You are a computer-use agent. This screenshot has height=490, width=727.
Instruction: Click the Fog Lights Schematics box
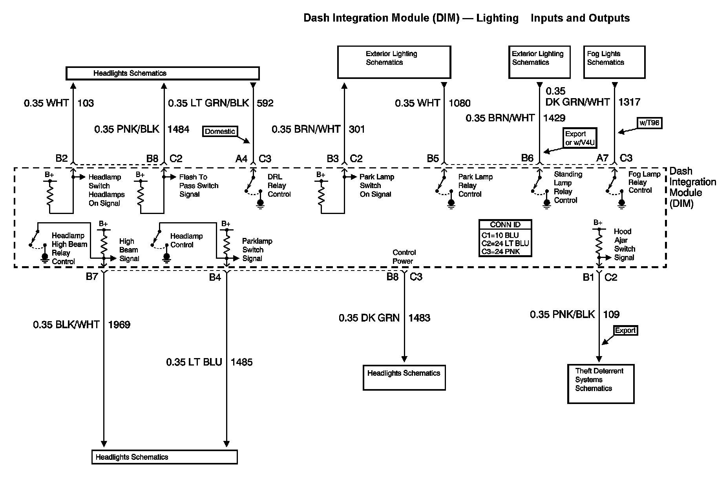click(x=614, y=62)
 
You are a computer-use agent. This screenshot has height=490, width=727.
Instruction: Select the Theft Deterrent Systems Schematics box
click(x=601, y=384)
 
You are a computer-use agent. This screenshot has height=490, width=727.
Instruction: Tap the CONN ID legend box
click(x=505, y=238)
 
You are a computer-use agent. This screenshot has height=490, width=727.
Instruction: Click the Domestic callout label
click(x=220, y=132)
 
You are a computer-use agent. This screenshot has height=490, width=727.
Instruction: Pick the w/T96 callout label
click(x=649, y=123)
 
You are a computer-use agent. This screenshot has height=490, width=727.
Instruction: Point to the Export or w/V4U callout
click(x=580, y=138)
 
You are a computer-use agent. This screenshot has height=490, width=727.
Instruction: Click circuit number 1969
click(x=119, y=325)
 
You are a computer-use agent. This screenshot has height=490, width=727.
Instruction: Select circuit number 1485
click(x=241, y=362)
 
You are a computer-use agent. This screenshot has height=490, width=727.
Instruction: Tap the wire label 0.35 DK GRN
click(x=369, y=318)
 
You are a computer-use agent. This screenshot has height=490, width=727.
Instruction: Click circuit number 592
click(x=265, y=103)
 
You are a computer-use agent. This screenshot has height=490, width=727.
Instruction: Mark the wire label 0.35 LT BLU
click(x=194, y=362)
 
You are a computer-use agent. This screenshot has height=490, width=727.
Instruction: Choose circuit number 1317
click(x=629, y=102)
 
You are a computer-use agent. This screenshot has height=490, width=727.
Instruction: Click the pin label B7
click(x=92, y=277)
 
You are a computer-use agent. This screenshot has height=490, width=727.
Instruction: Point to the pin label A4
click(x=241, y=159)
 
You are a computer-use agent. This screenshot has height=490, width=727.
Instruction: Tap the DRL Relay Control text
click(x=279, y=185)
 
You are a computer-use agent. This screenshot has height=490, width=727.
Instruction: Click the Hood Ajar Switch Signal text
click(x=624, y=244)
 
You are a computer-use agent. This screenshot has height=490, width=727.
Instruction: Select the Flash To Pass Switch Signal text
click(x=198, y=185)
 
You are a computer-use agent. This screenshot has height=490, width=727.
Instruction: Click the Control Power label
click(x=404, y=257)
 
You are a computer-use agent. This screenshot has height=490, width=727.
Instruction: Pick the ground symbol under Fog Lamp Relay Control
click(x=621, y=203)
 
